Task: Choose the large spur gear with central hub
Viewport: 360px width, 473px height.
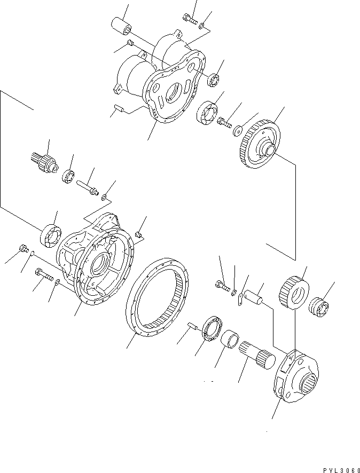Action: pos(257,145)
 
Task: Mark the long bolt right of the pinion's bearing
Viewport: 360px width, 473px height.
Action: pos(88,188)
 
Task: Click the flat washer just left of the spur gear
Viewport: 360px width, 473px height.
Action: pos(237,130)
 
